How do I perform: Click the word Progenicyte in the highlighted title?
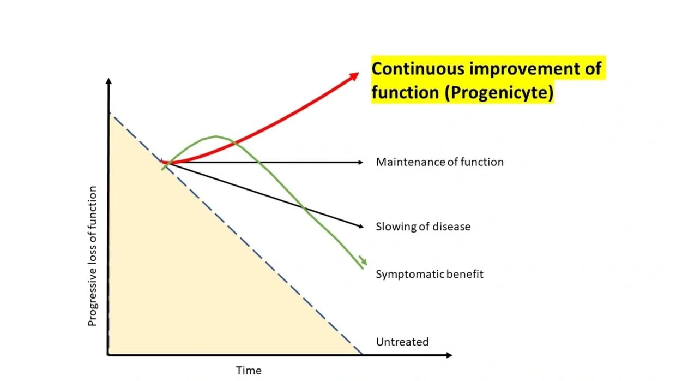tap(499, 93)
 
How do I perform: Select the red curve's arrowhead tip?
tap(358, 74)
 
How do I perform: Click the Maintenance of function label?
tap(439, 162)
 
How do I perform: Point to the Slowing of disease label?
tap(422, 227)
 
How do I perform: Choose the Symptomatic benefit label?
tap(429, 274)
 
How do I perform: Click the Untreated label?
tap(402, 342)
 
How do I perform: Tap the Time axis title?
tap(248, 371)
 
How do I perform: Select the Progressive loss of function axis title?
tap(93, 256)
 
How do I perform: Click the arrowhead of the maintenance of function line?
tap(360, 162)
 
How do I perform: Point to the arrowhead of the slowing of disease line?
tap(360, 227)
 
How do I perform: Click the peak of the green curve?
tap(216, 136)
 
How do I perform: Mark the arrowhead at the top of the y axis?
tap(108, 81)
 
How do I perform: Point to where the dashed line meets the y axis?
tap(109, 113)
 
